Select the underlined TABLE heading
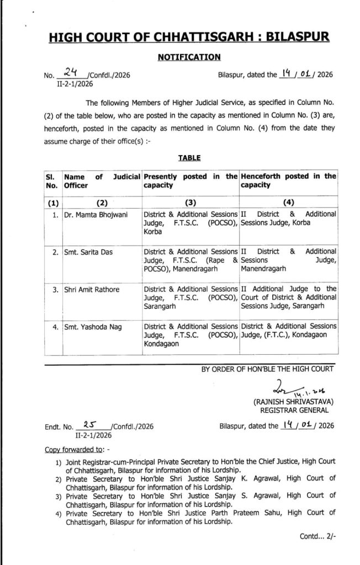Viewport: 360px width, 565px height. [x=189, y=157]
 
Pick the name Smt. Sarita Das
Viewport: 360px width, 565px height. [x=88, y=252]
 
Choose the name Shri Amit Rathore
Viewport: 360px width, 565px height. [x=92, y=289]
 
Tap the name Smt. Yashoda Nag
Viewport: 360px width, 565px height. [x=91, y=327]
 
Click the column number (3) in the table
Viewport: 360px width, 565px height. [x=190, y=202]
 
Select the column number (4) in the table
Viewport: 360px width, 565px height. [x=288, y=202]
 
